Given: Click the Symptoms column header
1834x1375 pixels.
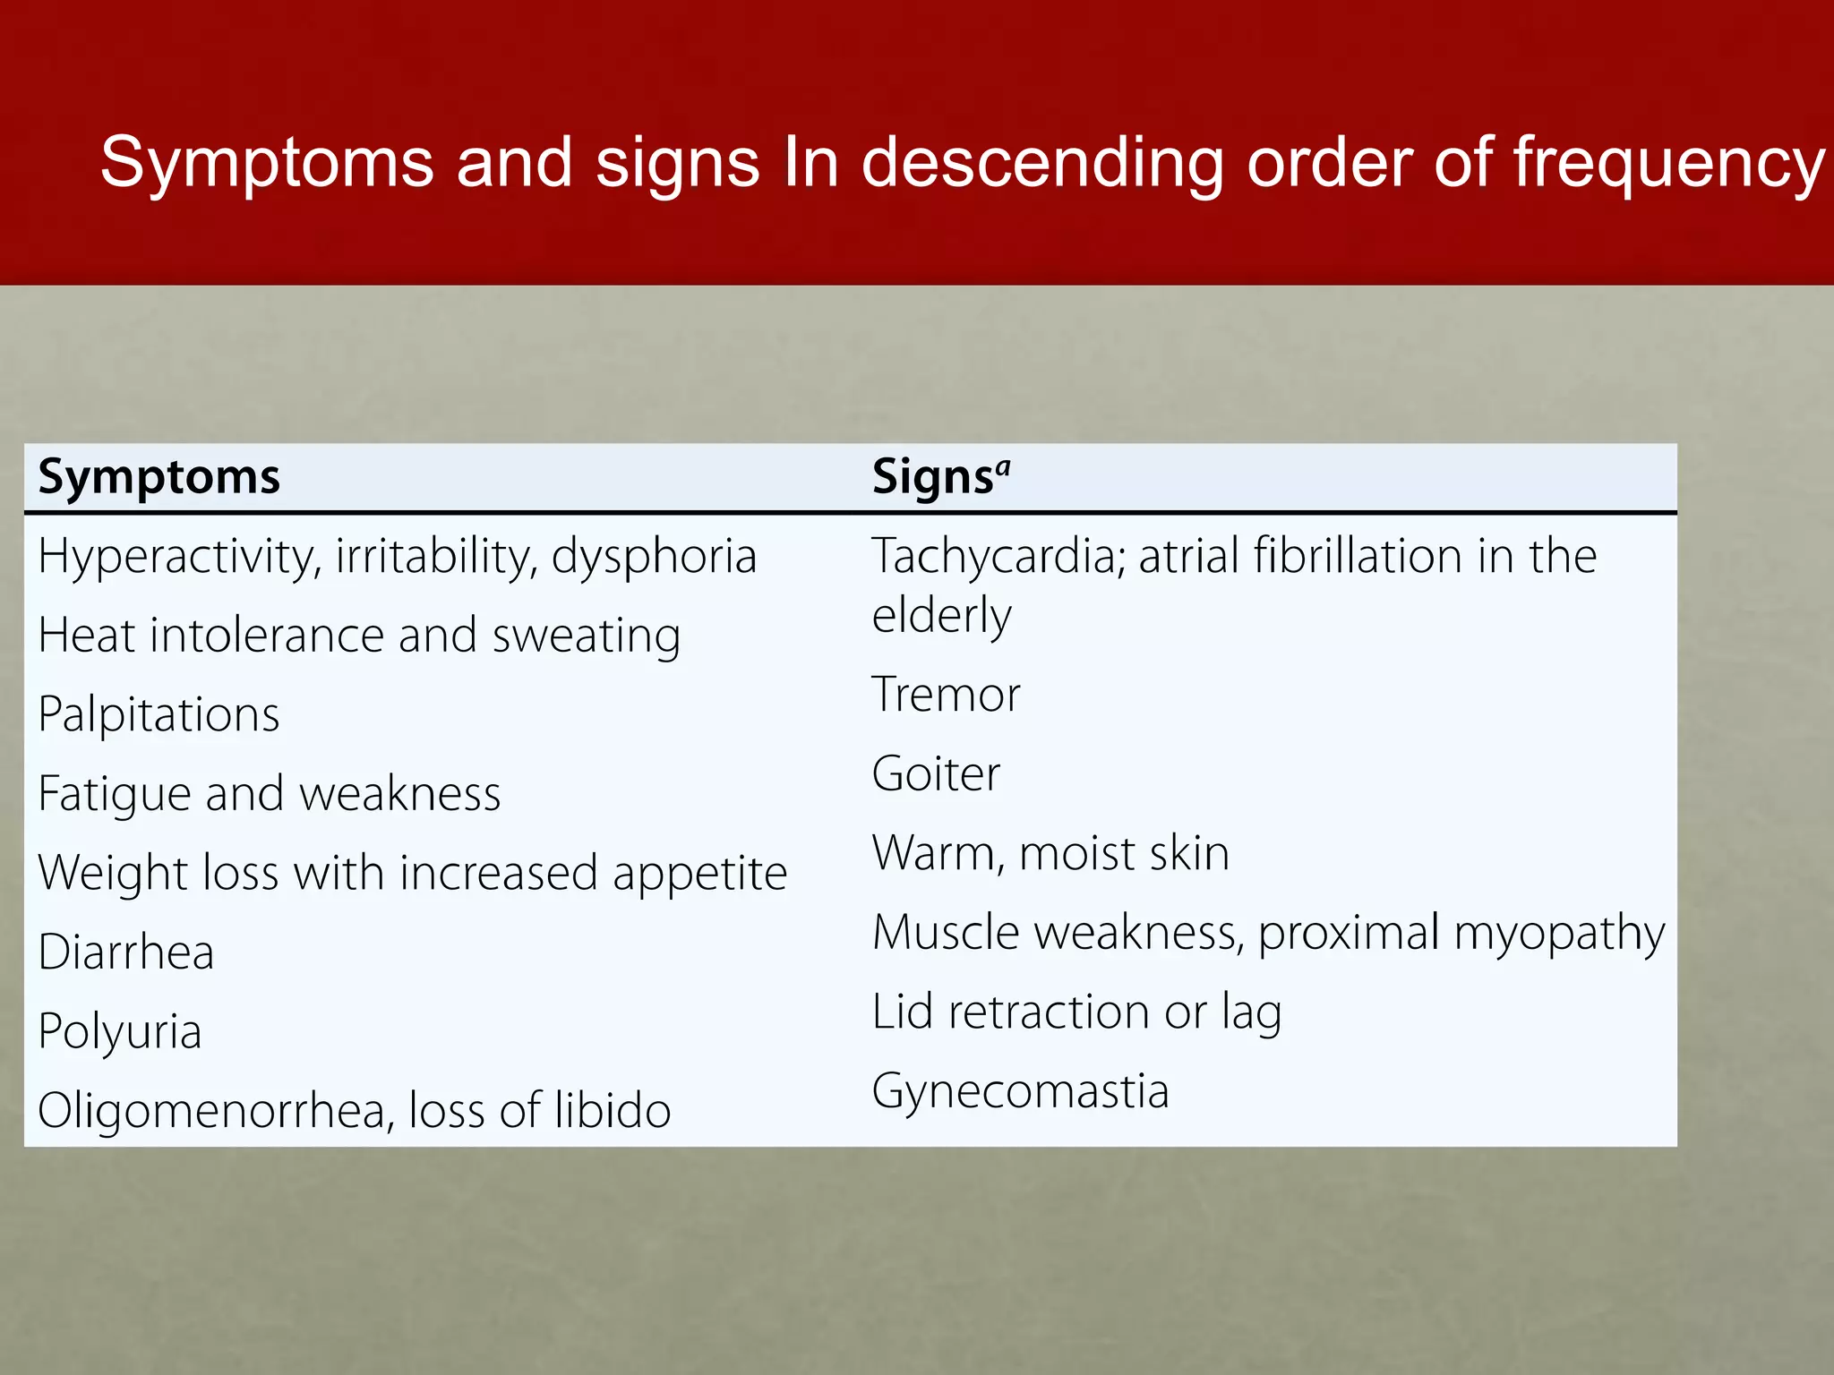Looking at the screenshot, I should pos(159,477).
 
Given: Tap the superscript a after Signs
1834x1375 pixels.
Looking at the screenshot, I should pos(1003,466).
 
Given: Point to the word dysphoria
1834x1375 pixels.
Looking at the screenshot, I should pos(654,557).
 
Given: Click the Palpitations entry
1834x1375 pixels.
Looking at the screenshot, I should pos(159,714).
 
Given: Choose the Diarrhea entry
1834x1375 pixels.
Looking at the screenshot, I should pos(126,952).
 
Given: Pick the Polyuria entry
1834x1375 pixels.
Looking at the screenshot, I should pos(120,1031).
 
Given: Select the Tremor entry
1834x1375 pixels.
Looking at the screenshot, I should pos(946,695).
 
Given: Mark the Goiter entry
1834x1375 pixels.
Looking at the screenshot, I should pos(936,774).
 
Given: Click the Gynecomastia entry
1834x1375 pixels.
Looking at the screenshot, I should pos(1020,1092).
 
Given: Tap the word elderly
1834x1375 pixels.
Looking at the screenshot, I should pos(941,616).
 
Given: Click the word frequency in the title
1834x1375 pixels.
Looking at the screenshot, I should pos(1668,164).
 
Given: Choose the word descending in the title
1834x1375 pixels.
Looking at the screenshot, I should pos(1041,164).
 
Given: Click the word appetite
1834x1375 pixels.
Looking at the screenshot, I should pos(699,873).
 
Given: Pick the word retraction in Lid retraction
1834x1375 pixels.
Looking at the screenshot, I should pos(1049,1012).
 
